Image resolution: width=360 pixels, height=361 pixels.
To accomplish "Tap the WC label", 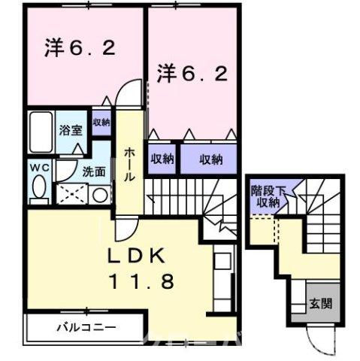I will tap(39, 167).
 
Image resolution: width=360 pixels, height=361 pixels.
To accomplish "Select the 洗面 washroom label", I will tap(94, 171).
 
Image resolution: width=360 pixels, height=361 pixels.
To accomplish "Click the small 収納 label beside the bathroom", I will tap(101, 122).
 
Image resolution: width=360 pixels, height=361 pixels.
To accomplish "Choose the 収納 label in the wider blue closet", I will tap(211, 159).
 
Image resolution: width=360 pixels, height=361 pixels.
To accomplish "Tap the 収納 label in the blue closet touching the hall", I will tap(162, 159).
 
